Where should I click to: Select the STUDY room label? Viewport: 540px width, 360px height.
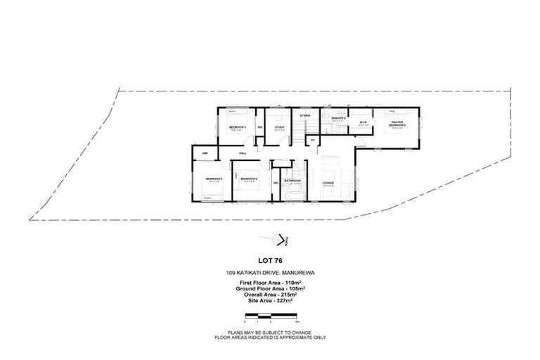[279, 127]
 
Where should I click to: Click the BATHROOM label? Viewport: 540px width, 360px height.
[292, 181]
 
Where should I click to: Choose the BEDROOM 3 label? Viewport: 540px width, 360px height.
[236, 127]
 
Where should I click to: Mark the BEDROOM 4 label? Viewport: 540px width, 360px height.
[249, 179]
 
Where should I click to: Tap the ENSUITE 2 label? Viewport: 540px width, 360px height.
[337, 118]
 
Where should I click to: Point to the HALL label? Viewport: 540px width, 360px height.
[242, 153]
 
